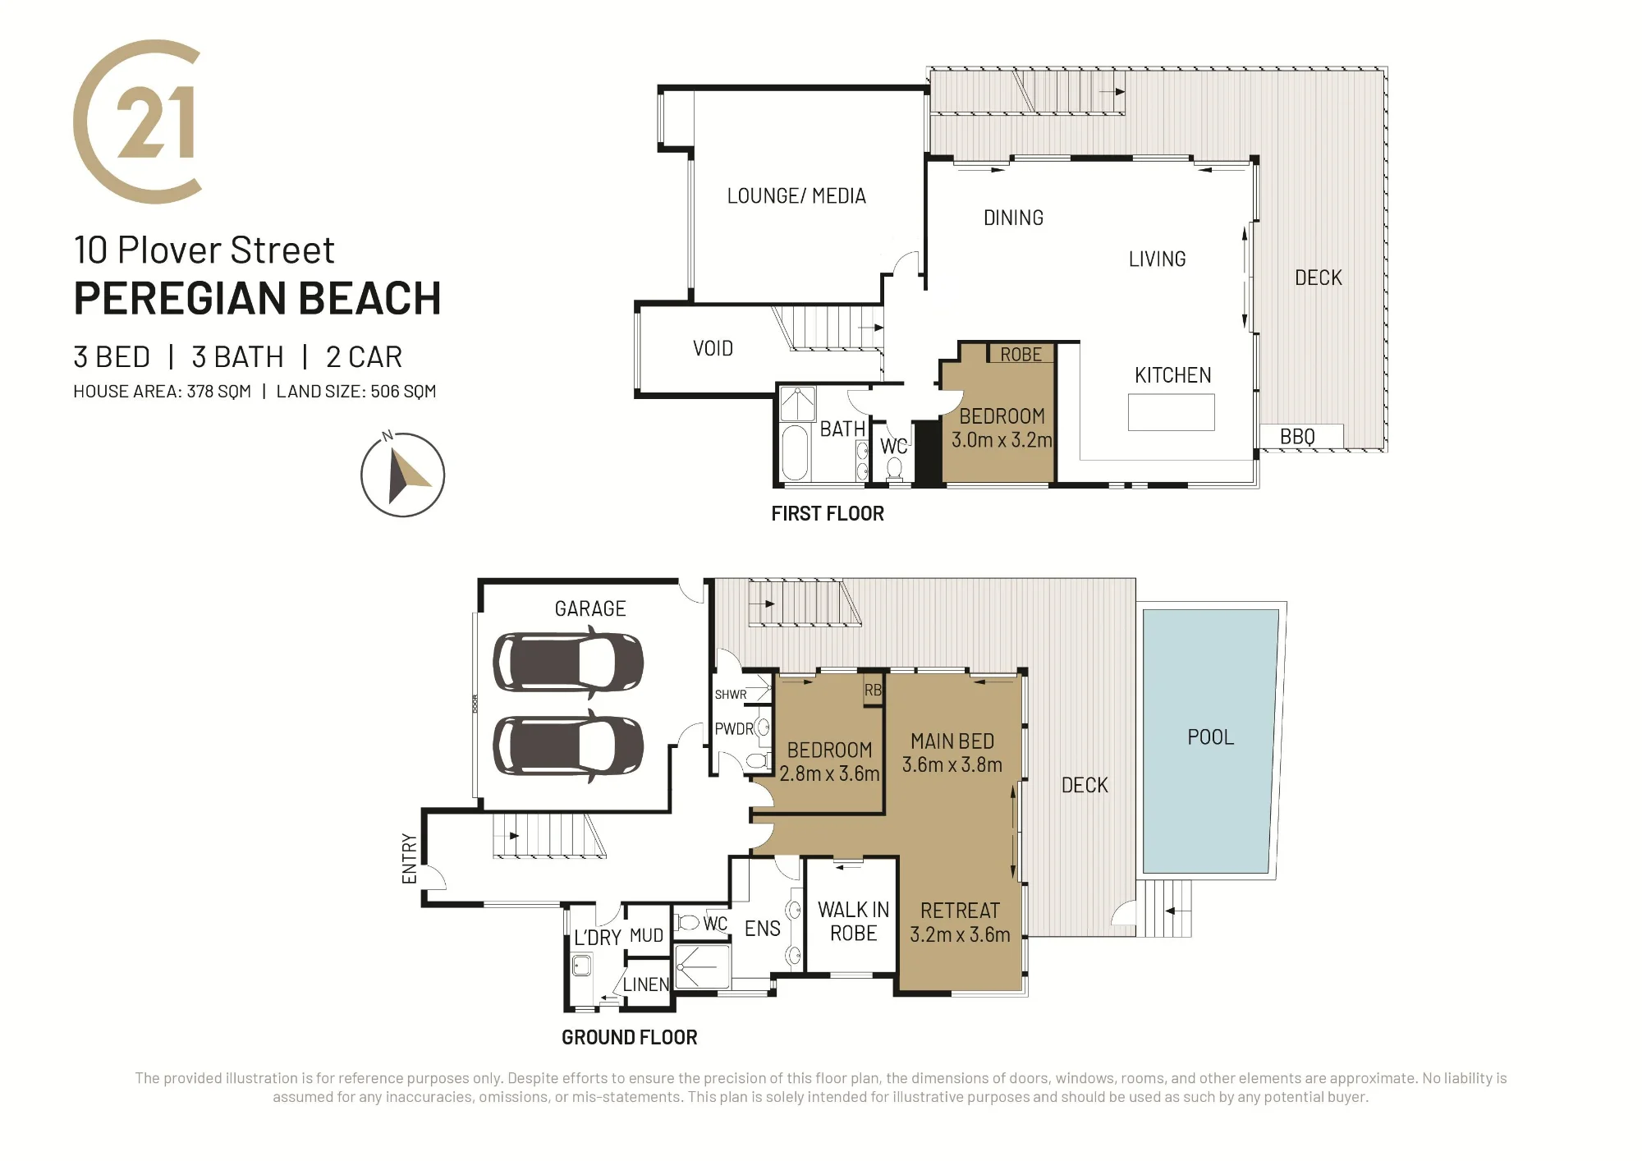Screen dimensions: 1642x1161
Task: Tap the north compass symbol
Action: (x=402, y=475)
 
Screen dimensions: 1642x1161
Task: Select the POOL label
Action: (x=1210, y=737)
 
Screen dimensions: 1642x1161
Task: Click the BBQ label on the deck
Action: (x=1297, y=437)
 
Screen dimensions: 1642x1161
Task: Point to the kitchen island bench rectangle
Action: (x=1171, y=412)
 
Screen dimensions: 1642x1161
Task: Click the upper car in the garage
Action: (x=567, y=662)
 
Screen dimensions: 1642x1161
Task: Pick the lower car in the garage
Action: (x=567, y=746)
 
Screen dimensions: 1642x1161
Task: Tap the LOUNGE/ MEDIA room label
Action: (x=796, y=196)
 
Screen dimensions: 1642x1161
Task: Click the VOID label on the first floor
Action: (x=713, y=349)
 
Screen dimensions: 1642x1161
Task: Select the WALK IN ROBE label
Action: (x=854, y=921)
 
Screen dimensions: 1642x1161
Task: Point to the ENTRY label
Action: (x=409, y=859)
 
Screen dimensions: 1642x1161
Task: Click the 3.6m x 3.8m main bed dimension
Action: (x=952, y=765)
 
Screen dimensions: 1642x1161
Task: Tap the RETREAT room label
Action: (x=960, y=911)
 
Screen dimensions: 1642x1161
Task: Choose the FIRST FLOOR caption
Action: (x=828, y=514)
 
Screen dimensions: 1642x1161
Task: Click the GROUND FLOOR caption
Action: (x=630, y=1038)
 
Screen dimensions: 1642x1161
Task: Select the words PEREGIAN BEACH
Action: (x=258, y=298)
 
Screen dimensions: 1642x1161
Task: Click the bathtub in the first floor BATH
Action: (x=795, y=452)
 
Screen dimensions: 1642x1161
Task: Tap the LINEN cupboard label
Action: (x=646, y=984)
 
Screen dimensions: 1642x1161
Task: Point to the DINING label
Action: (x=1013, y=218)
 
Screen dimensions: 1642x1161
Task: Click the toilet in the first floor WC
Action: (x=894, y=470)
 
